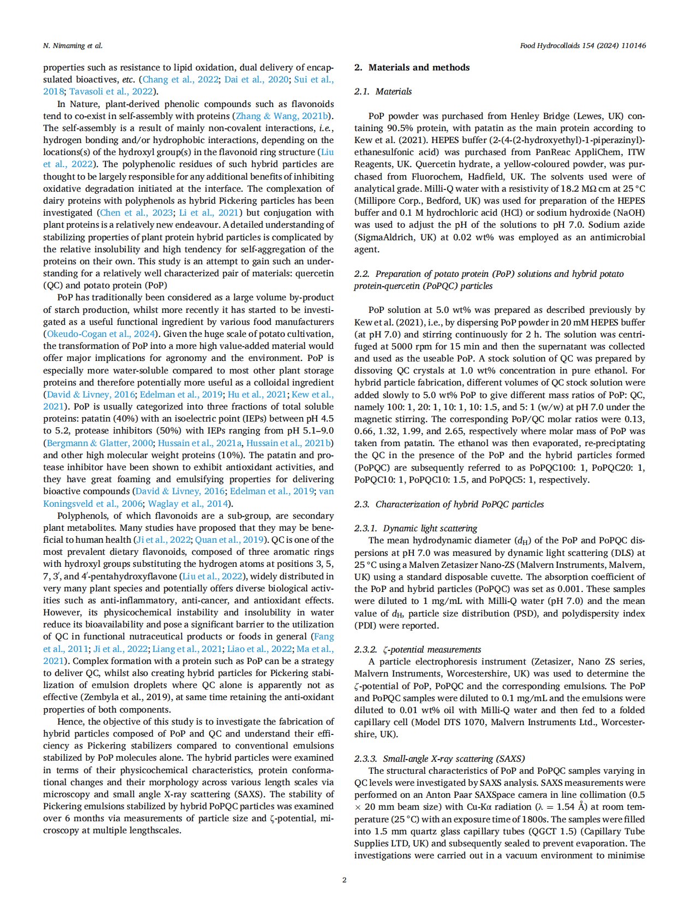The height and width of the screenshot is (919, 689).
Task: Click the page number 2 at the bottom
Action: pos(344,880)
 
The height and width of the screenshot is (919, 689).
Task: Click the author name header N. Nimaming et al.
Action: pos(73,46)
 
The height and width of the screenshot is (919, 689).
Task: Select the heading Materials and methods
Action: pos(419,68)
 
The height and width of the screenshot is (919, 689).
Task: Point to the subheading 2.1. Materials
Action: pos(383,92)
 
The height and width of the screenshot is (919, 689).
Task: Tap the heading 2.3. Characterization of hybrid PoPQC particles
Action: pos(449,504)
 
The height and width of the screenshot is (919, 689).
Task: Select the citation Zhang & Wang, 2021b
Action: pos(283,116)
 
